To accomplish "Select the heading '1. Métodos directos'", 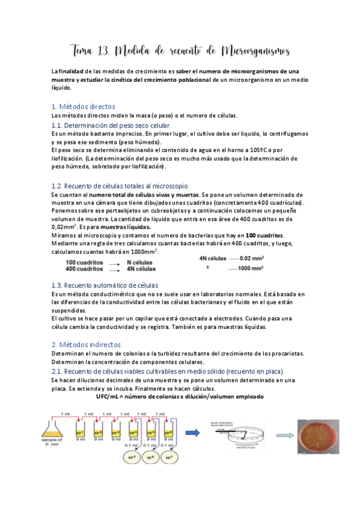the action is [x=83, y=106].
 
